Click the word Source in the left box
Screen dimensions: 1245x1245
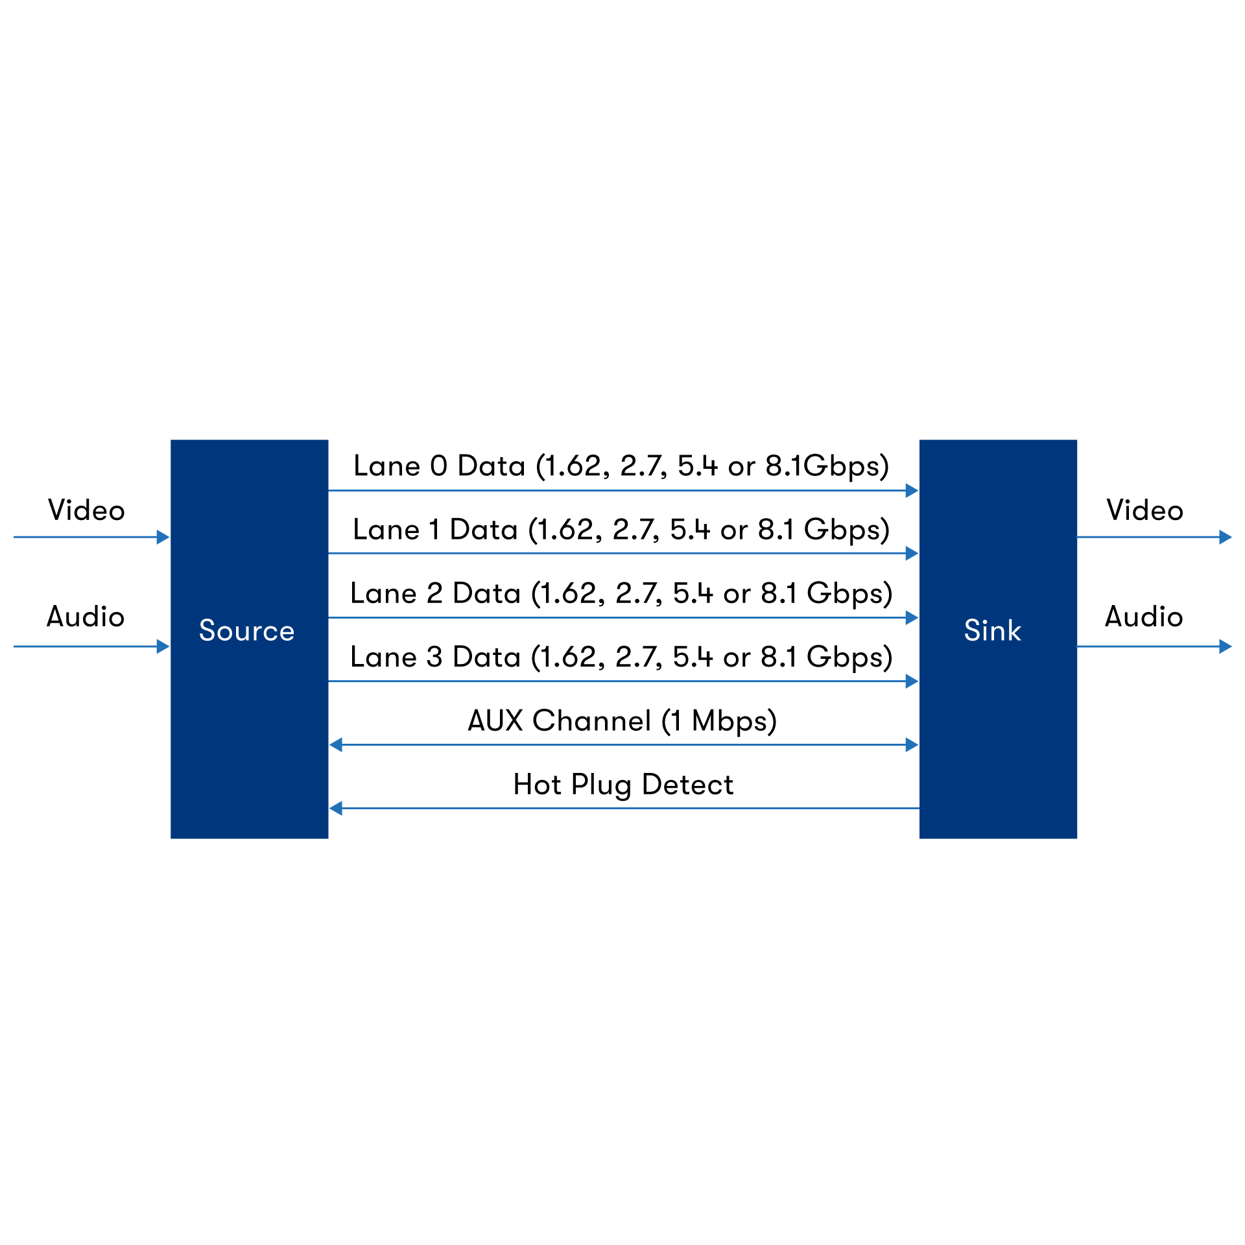click(x=246, y=631)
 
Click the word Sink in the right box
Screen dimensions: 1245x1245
click(x=992, y=631)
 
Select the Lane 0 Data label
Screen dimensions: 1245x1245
click(x=621, y=466)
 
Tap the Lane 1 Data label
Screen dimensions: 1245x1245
click(x=621, y=530)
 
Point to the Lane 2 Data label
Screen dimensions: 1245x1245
click(x=621, y=593)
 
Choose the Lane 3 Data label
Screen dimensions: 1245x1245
click(x=621, y=657)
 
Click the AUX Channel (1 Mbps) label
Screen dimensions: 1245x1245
click(x=622, y=721)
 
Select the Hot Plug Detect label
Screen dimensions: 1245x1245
click(x=622, y=785)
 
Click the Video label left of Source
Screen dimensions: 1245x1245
click(x=86, y=510)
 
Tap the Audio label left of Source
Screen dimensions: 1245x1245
click(x=86, y=617)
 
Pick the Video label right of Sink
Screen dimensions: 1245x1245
click(x=1144, y=510)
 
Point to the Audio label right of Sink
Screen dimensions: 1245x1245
click(x=1144, y=617)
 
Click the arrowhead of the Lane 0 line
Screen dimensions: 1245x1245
click(x=912, y=490)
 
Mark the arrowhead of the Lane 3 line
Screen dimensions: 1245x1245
click(x=912, y=681)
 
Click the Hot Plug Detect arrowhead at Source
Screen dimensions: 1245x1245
click(x=336, y=808)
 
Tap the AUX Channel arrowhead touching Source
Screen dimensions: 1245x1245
click(x=336, y=744)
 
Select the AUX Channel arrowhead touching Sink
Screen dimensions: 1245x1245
click(x=912, y=744)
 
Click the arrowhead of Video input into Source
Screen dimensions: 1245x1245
click(x=163, y=537)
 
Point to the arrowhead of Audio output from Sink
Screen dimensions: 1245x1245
click(x=1225, y=646)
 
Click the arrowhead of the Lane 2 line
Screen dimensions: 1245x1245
click(x=912, y=617)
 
